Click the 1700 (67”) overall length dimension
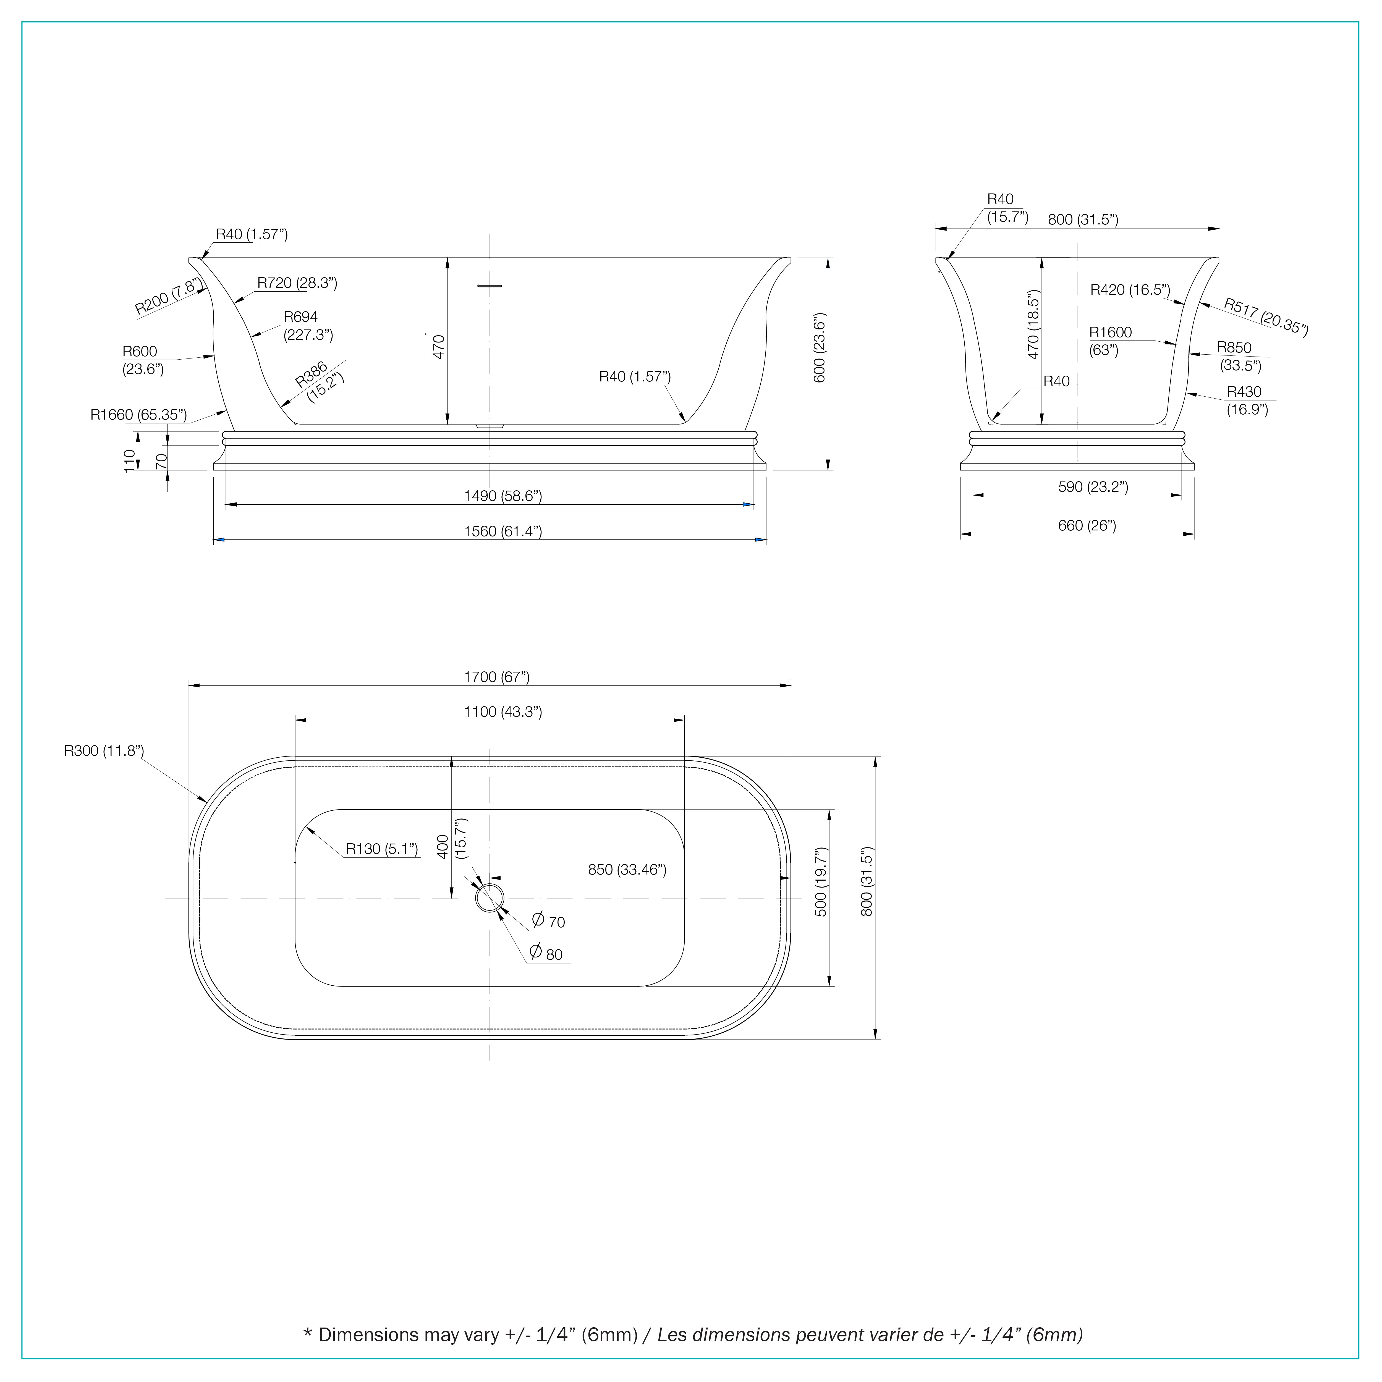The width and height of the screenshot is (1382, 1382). [496, 677]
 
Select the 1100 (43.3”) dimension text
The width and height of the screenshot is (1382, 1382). [503, 712]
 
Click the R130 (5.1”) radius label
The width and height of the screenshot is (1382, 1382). [381, 849]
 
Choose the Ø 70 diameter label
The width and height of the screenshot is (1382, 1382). [549, 921]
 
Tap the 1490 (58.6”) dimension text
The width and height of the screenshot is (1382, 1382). [503, 496]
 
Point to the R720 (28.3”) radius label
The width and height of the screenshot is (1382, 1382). [297, 282]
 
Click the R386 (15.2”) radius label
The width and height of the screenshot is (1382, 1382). [320, 383]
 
